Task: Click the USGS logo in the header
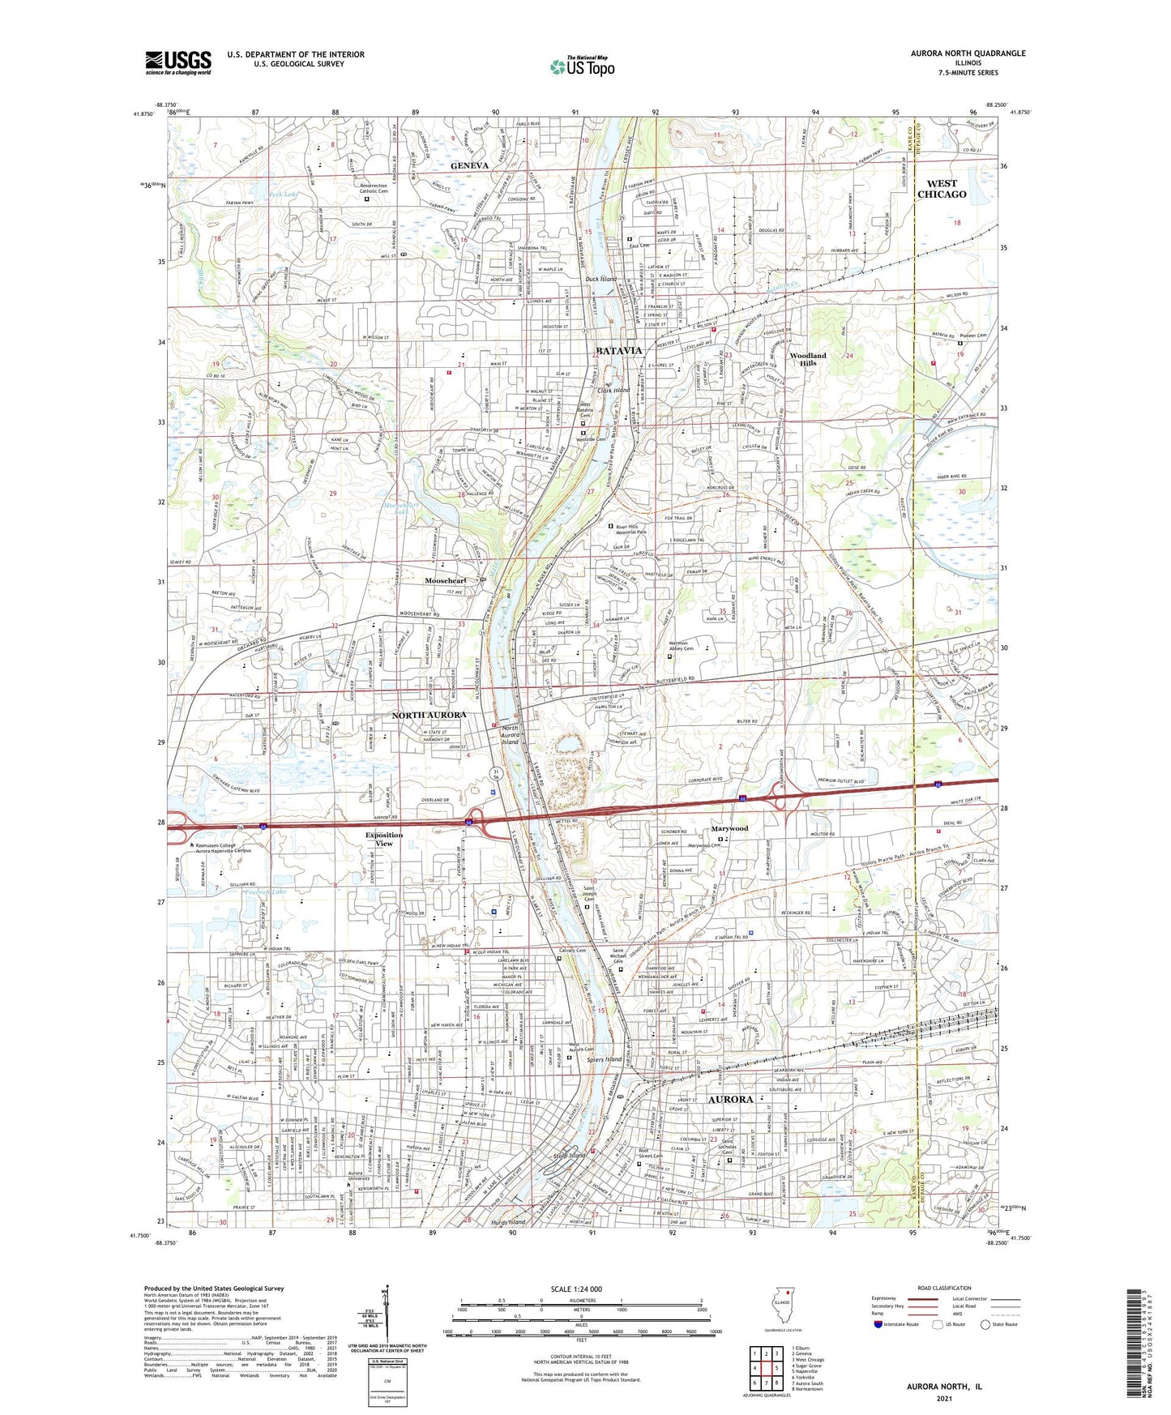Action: pos(178,62)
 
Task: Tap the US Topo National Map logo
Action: pos(582,66)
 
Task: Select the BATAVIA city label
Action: pos(618,351)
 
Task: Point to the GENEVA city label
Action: pos(469,165)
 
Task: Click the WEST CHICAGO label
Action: pos(941,189)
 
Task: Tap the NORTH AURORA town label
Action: pos(429,715)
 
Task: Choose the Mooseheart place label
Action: pos(445,580)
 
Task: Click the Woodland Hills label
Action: pos(808,359)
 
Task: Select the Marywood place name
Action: pos(729,828)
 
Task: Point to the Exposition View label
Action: pos(383,839)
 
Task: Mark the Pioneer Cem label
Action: pos(972,336)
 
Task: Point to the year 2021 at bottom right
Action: pos(943,1398)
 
